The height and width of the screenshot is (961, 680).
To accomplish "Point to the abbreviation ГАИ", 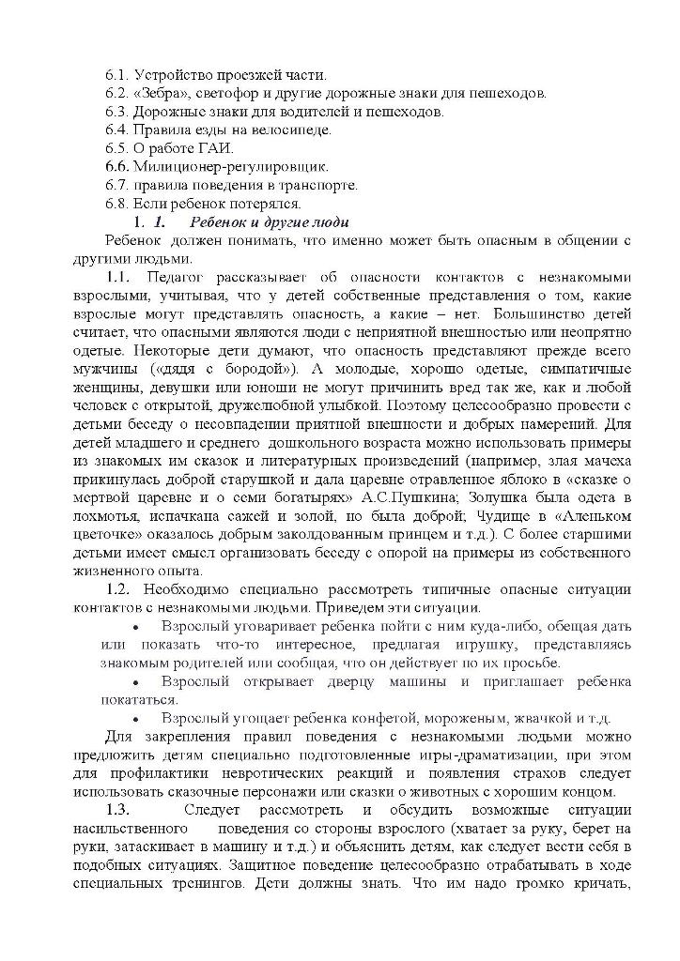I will (x=216, y=148).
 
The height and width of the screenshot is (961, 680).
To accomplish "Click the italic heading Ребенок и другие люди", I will (x=269, y=222).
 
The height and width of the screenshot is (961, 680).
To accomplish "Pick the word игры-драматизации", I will (x=436, y=755).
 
